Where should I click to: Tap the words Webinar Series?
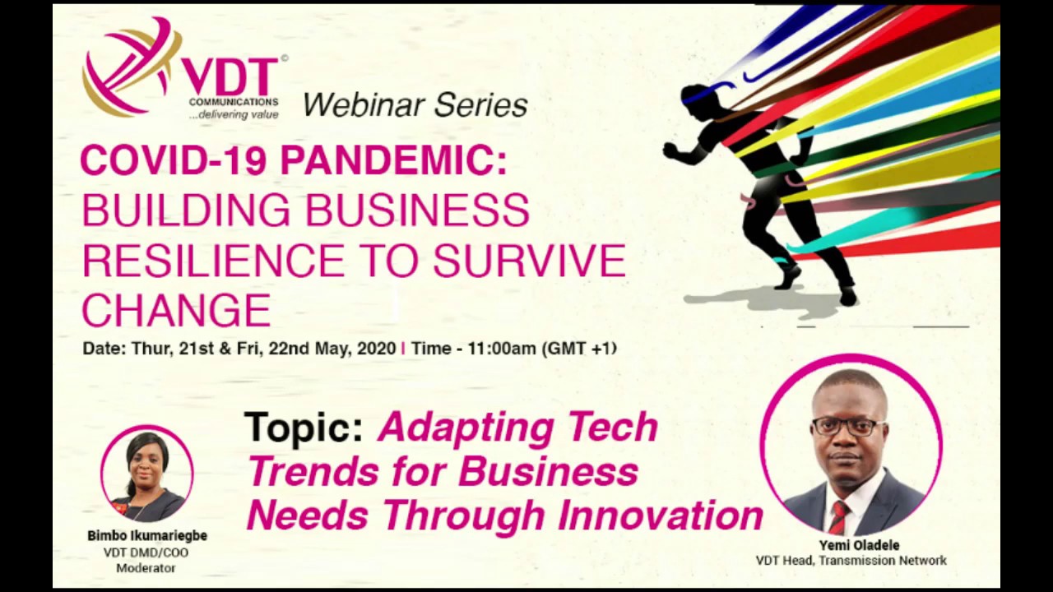point(415,105)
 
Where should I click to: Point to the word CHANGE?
point(176,310)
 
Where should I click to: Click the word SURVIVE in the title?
point(529,261)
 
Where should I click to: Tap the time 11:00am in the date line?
point(501,349)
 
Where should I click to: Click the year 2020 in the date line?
point(376,349)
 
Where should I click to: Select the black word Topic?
point(304,428)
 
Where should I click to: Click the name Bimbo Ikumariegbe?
point(147,535)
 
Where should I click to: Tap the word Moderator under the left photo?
point(146,568)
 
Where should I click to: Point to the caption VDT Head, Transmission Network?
point(851,561)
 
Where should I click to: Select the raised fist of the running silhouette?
point(669,150)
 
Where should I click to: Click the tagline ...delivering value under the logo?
point(234,115)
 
